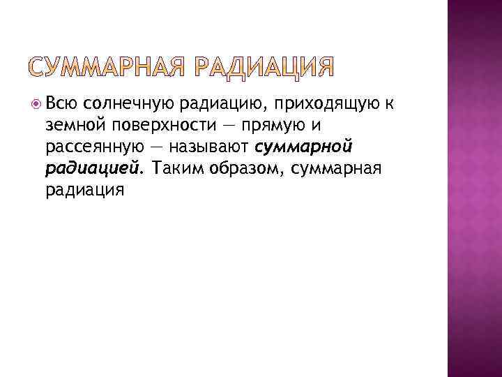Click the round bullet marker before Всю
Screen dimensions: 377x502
pyautogui.click(x=36, y=105)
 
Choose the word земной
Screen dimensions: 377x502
pyautogui.click(x=75, y=126)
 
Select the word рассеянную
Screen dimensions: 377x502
pyautogui.click(x=93, y=148)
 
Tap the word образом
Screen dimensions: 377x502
pyautogui.click(x=240, y=169)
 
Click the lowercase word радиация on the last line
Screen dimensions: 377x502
pyautogui.click(x=85, y=190)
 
